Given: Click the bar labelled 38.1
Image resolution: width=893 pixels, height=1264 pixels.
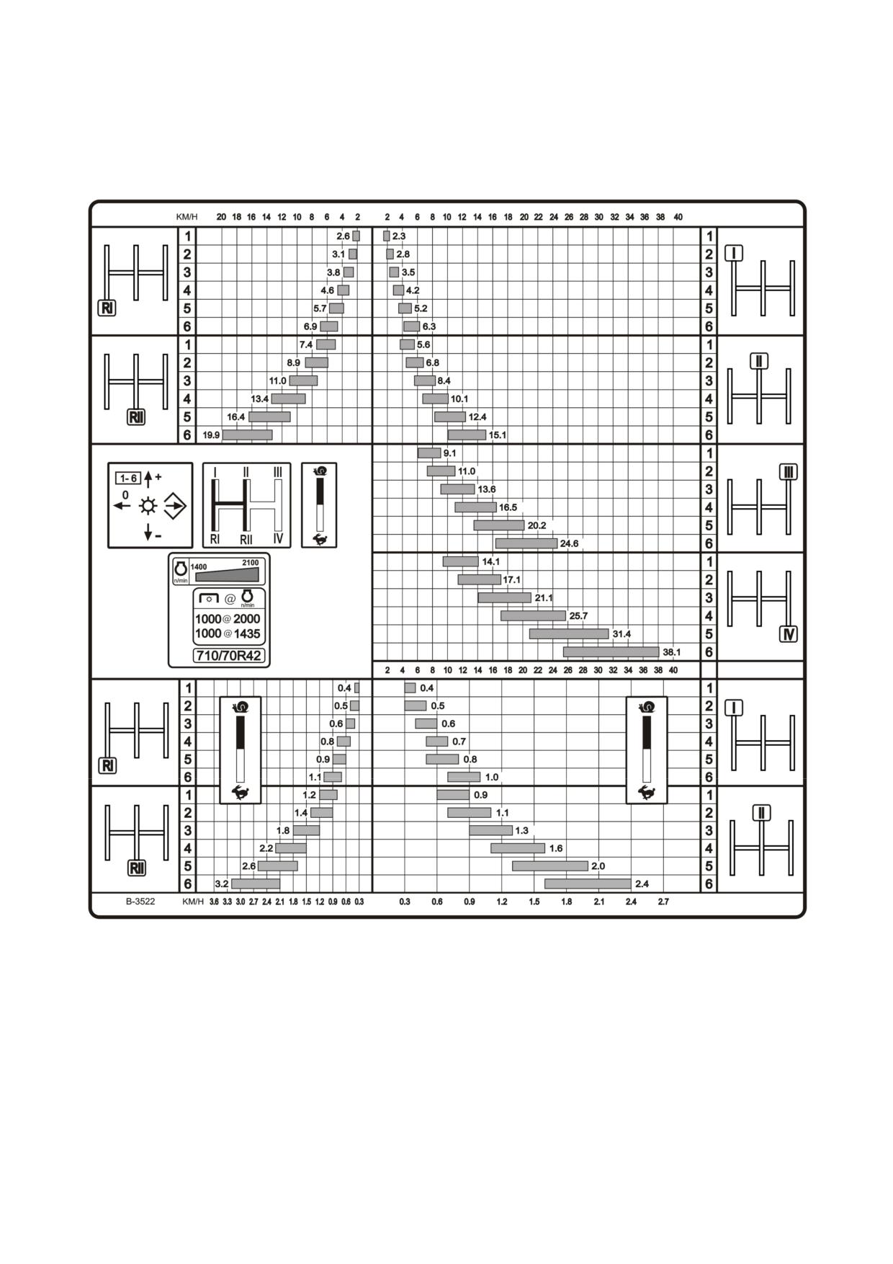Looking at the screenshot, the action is [x=611, y=652].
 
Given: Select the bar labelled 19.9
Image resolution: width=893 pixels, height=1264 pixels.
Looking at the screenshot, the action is [x=248, y=435].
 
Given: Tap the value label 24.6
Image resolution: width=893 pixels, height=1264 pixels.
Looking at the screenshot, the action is [x=569, y=543].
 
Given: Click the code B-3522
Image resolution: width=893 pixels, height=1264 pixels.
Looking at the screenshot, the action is [x=140, y=902].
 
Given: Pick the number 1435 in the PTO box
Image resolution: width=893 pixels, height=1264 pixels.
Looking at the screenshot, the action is [x=247, y=633].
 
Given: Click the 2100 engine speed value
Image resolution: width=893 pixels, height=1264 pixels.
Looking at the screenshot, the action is [x=250, y=563].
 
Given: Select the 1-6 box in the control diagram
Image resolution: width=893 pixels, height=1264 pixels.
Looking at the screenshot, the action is [x=128, y=479].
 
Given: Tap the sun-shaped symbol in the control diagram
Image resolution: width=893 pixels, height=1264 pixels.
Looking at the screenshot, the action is [x=148, y=506].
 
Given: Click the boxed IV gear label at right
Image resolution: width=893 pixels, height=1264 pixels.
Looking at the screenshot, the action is [x=789, y=634].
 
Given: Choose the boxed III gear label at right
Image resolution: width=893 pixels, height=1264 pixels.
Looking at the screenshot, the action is [x=789, y=472].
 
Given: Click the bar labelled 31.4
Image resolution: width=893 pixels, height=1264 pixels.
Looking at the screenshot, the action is [x=569, y=634].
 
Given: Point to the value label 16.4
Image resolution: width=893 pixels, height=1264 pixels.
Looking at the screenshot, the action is [x=236, y=417].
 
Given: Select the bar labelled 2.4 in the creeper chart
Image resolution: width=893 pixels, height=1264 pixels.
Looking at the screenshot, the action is [x=588, y=884].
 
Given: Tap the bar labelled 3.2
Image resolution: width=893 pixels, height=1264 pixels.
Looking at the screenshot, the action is [x=256, y=884].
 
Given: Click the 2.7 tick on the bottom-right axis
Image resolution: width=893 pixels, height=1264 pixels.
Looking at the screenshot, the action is [x=663, y=902].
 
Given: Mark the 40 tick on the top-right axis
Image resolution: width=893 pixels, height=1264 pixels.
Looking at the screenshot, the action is [x=678, y=217].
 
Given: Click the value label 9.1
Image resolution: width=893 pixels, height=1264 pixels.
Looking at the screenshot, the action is [x=449, y=453].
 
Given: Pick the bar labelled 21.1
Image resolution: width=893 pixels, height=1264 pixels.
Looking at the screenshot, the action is [x=505, y=597].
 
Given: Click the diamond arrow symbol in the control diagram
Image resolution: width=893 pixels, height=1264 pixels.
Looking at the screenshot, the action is [x=175, y=506].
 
